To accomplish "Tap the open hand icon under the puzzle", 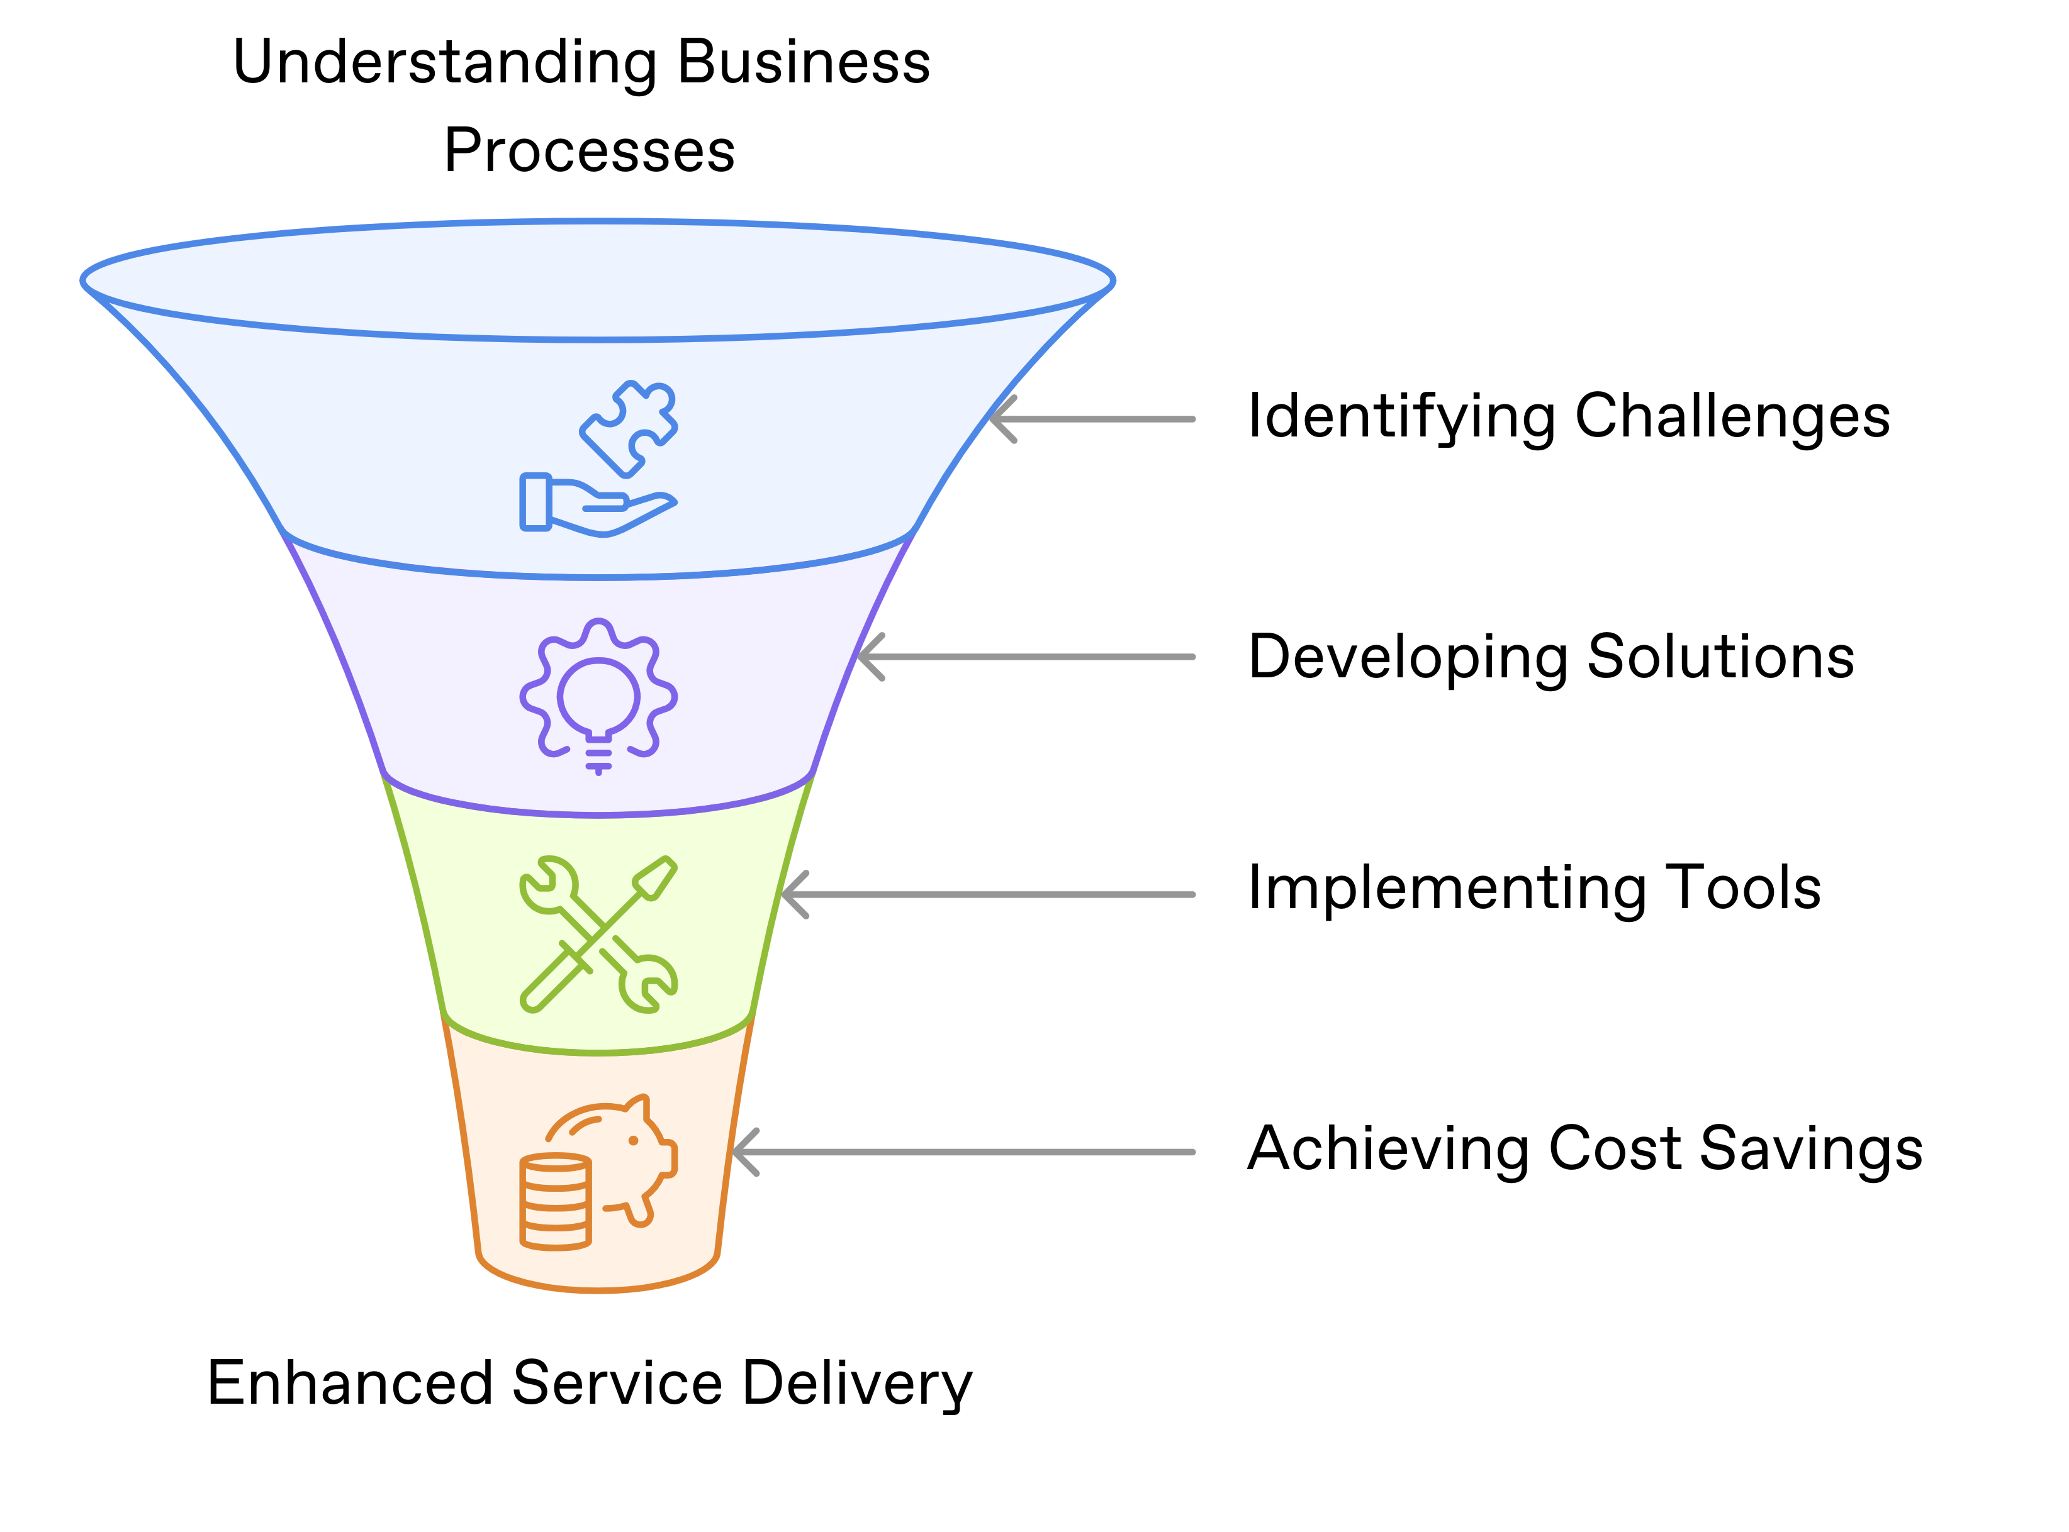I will tap(594, 506).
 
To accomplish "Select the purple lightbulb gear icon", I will tap(598, 696).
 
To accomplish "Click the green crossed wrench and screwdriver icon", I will tap(598, 934).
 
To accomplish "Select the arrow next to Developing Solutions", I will tap(1025, 657).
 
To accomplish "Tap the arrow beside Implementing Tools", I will tap(988, 895).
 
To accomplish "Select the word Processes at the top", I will tap(589, 151).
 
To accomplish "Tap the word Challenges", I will tap(1732, 418).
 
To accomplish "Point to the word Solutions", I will tap(1720, 657).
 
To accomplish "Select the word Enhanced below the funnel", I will tap(349, 1383).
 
